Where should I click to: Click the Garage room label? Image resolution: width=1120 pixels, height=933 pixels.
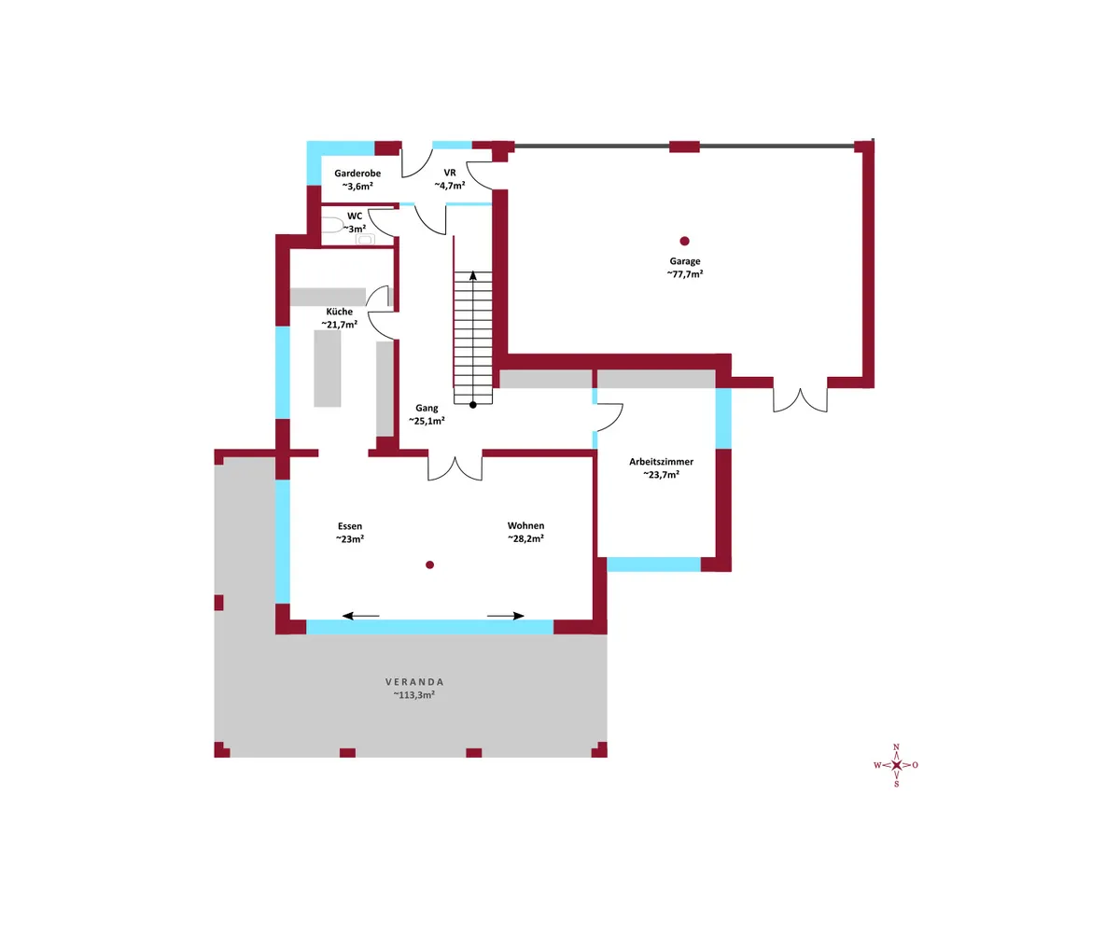(x=684, y=261)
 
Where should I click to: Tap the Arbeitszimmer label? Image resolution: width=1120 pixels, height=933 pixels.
(x=661, y=462)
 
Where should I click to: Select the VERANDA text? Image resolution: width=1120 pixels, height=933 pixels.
(x=414, y=682)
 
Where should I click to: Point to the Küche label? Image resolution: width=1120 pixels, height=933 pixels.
(x=339, y=312)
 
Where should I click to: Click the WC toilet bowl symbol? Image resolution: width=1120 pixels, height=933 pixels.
(x=331, y=225)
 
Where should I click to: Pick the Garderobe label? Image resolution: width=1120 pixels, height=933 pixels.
(x=357, y=174)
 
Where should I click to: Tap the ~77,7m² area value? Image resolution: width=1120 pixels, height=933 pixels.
(x=685, y=274)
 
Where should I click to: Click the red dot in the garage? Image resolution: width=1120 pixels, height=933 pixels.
(x=684, y=242)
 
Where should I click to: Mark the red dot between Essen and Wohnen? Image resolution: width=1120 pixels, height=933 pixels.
(x=429, y=564)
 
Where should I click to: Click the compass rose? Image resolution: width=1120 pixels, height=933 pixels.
(x=896, y=765)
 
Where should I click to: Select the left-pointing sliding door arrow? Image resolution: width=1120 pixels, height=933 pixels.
(x=360, y=616)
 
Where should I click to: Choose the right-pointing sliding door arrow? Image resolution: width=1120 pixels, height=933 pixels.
(x=505, y=616)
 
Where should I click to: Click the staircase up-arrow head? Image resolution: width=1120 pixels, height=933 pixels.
(x=472, y=275)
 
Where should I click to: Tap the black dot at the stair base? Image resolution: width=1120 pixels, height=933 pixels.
(x=472, y=405)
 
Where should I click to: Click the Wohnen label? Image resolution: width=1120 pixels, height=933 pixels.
(x=525, y=525)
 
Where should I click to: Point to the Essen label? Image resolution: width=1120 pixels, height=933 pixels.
(x=350, y=526)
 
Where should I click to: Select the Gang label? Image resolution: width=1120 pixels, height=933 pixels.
(x=427, y=408)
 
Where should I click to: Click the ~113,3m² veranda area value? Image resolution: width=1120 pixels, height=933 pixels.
(x=413, y=695)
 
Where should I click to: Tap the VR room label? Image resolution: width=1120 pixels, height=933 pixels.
(x=450, y=173)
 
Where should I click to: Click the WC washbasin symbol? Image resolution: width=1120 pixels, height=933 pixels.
(x=365, y=240)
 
